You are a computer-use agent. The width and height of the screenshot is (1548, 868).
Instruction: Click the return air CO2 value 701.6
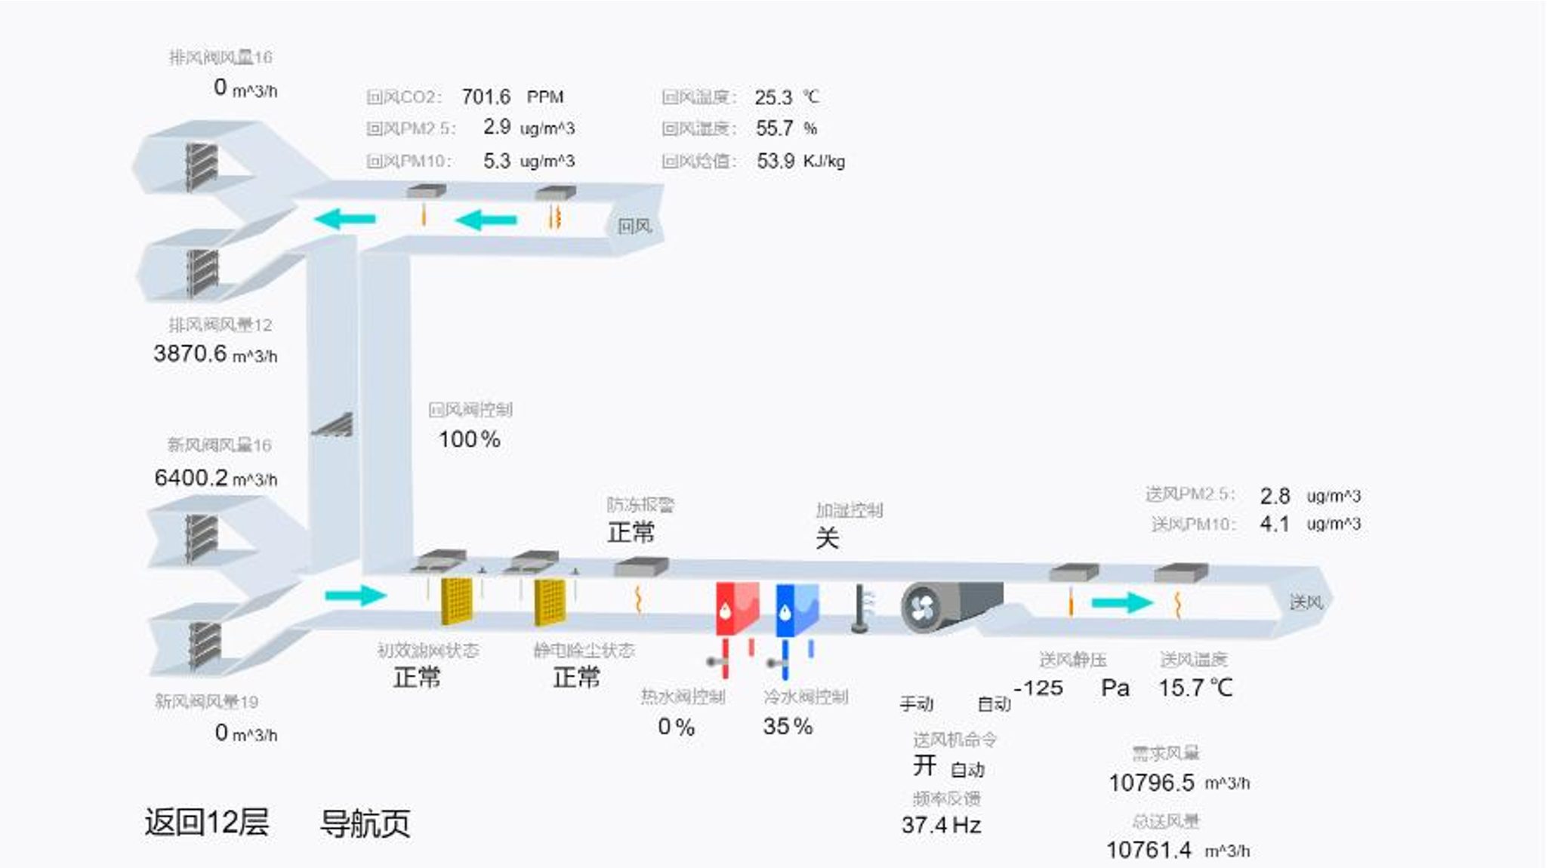(x=486, y=97)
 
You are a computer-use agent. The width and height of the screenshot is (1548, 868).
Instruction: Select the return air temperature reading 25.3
(x=773, y=97)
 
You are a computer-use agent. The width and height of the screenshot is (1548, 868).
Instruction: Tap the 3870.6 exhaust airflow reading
(x=190, y=353)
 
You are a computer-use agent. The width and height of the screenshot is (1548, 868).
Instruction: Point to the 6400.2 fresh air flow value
(x=190, y=478)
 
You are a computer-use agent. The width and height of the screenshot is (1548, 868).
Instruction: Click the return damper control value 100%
(x=469, y=439)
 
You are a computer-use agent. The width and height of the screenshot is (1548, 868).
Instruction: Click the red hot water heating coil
(x=735, y=608)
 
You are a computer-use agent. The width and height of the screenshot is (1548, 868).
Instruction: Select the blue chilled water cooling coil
(x=796, y=608)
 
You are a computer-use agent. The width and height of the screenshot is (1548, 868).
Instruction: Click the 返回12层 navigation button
(x=206, y=822)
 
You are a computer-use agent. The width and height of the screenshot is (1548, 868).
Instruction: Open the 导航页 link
(x=365, y=823)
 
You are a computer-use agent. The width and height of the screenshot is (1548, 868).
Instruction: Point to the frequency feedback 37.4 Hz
(x=941, y=825)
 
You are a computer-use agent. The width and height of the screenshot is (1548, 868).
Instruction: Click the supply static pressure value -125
(x=1039, y=688)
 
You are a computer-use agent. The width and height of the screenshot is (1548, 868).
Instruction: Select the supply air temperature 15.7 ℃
(x=1195, y=688)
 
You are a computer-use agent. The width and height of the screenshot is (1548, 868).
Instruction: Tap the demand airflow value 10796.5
(x=1151, y=783)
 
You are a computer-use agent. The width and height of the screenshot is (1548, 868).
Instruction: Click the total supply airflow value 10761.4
(x=1149, y=851)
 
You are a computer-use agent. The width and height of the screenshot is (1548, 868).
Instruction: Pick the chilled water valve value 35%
(x=787, y=726)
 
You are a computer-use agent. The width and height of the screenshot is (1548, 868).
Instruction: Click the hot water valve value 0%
(x=675, y=727)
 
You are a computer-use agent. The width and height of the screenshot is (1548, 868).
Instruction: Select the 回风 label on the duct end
(x=634, y=226)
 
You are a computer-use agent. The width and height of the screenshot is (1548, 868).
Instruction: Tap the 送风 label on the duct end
(x=1306, y=602)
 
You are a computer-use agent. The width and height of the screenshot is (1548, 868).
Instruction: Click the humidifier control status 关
(x=827, y=538)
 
